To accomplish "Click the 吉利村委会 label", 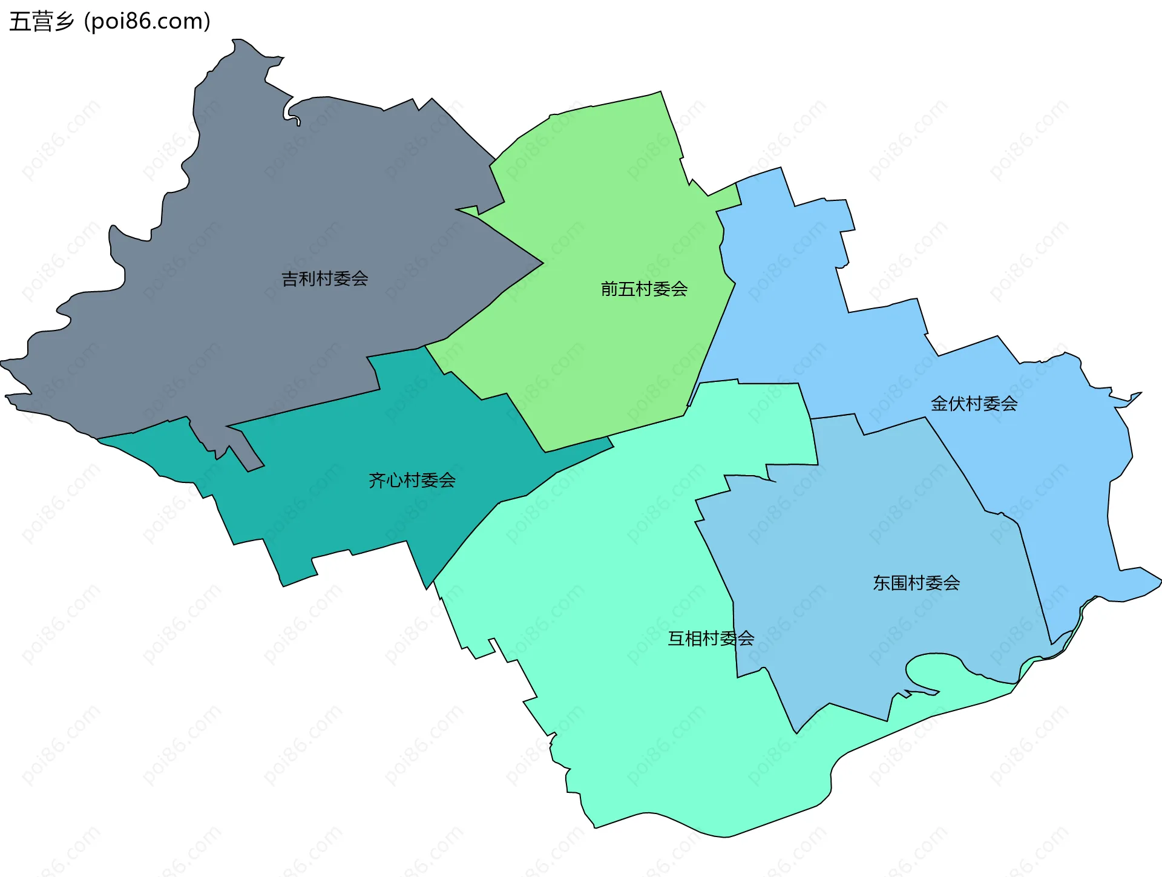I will (x=325, y=278).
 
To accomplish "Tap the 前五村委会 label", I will (x=644, y=289).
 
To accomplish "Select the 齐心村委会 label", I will (x=412, y=480).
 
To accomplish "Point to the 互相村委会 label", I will (x=711, y=638).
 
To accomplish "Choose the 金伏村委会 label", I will (x=974, y=403).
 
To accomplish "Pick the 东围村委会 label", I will (x=916, y=583).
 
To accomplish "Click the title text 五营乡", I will (x=42, y=21).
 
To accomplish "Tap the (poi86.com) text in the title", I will (x=147, y=21).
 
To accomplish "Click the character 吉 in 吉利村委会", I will (x=290, y=278).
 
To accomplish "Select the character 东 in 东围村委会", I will (x=882, y=583).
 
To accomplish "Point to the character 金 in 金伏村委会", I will (x=939, y=403).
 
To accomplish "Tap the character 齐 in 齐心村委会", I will (x=377, y=480).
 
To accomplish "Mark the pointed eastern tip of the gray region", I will (x=540, y=263).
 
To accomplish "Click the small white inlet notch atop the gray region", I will (x=289, y=113).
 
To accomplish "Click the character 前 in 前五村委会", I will (x=609, y=289).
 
